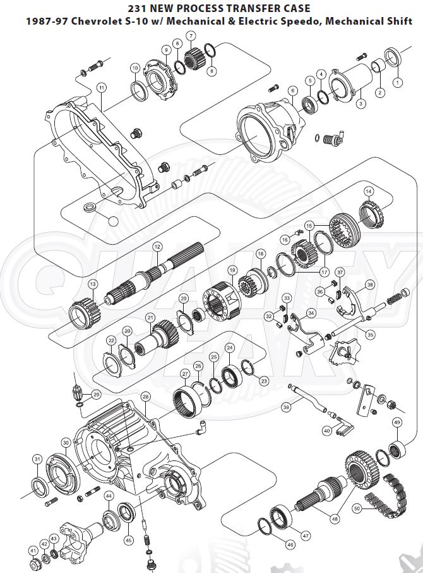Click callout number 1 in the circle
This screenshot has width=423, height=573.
(x=397, y=82)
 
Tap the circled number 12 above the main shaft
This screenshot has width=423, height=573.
(x=157, y=246)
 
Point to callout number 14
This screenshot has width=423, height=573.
(x=369, y=192)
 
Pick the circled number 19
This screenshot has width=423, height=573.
(x=232, y=269)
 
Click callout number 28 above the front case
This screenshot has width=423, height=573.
(x=145, y=397)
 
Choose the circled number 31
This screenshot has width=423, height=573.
(x=37, y=459)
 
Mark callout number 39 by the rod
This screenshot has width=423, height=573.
(x=286, y=408)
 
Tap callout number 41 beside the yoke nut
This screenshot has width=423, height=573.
(x=33, y=551)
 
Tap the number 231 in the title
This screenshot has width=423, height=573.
(x=138, y=8)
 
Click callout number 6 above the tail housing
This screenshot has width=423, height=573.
(x=292, y=90)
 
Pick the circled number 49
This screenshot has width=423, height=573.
(x=396, y=422)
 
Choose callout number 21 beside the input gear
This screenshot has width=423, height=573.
(x=150, y=317)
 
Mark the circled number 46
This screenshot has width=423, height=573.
(x=290, y=544)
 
